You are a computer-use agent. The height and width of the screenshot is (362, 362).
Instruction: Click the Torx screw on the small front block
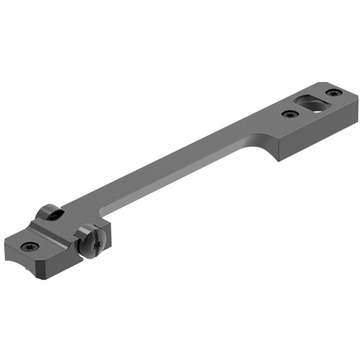pyautogui.click(x=28, y=247)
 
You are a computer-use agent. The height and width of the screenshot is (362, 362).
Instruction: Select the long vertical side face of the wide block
pyautogui.click(x=319, y=132)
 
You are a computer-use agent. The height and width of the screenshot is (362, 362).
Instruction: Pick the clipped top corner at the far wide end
pyautogui.click(x=320, y=84)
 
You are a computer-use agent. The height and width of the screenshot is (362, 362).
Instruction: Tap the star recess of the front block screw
pyautogui.click(x=28, y=247)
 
